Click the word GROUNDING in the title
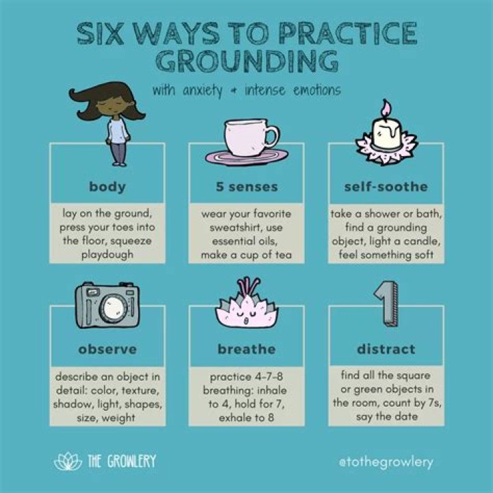[247, 61]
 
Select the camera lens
[113, 307]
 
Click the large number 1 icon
[387, 303]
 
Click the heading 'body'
[108, 187]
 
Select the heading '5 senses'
[246, 187]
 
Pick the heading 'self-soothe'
[386, 187]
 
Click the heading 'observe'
[108, 349]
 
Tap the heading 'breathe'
[246, 349]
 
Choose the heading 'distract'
[386, 349]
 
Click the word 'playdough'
[108, 255]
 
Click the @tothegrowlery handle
[386, 462]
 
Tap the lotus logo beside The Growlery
[68, 462]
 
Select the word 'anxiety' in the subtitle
[203, 91]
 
